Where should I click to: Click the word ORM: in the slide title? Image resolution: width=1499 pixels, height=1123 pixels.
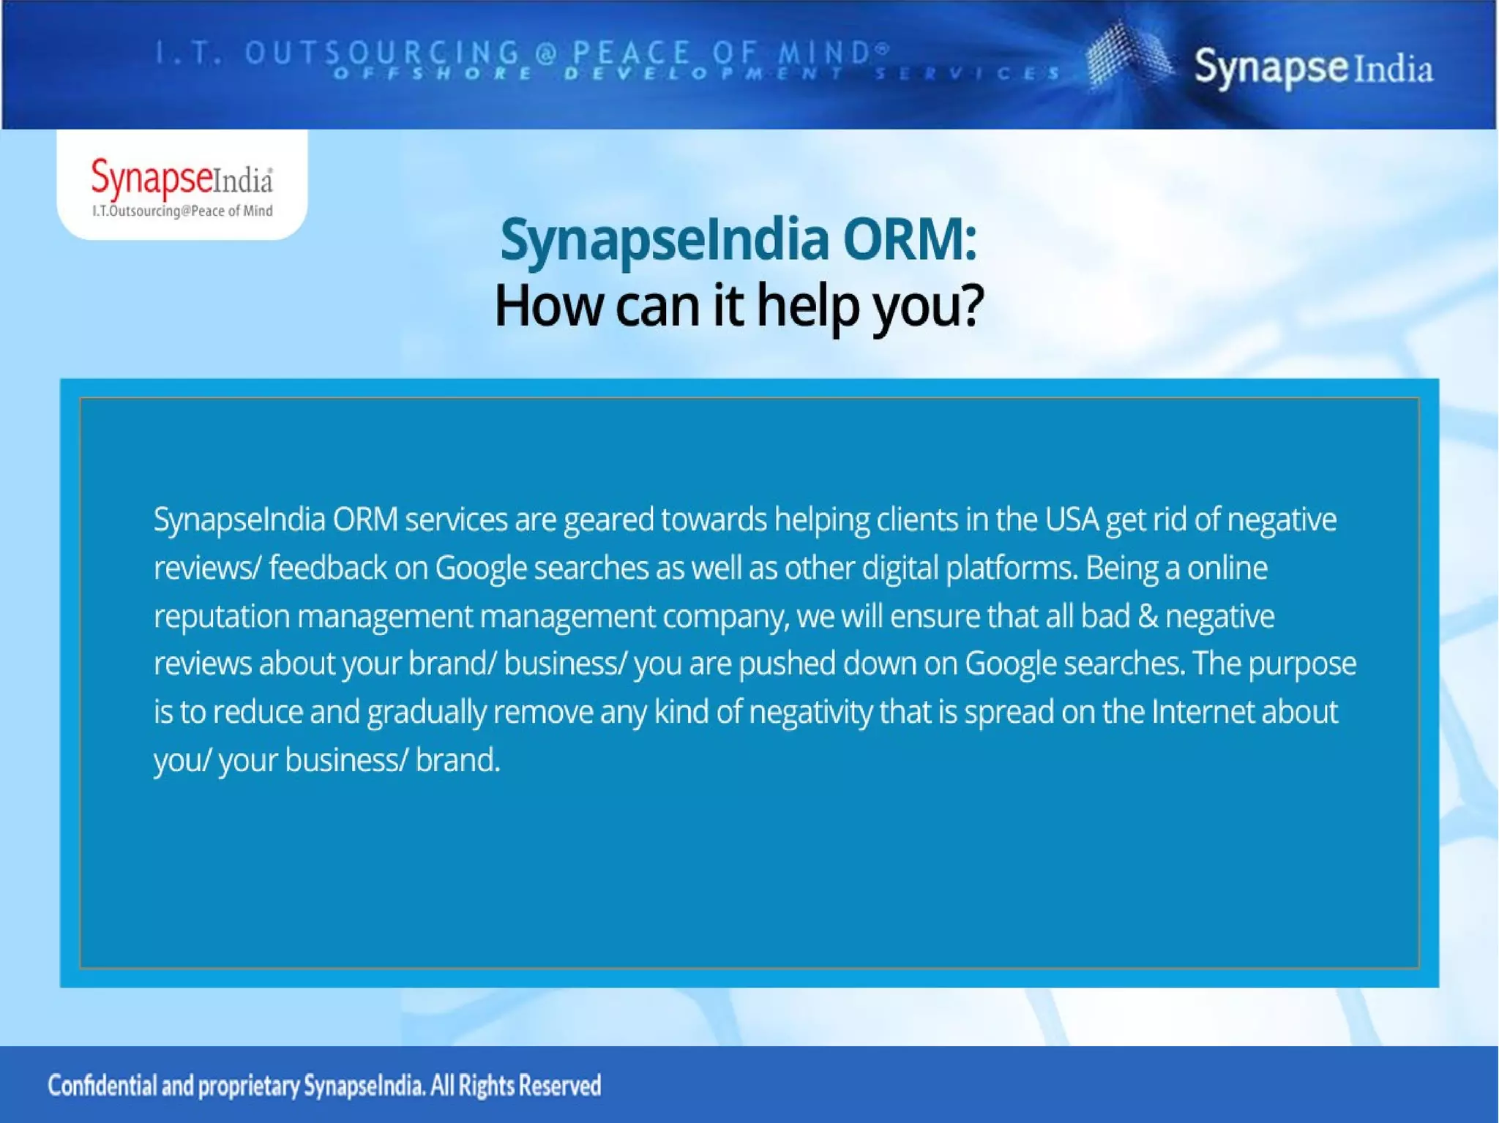(909, 240)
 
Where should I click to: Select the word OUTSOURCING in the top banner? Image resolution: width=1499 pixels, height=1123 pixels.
(382, 53)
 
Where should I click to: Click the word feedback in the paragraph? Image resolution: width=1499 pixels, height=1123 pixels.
(327, 568)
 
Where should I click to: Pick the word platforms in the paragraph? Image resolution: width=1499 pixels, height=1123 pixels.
(1011, 568)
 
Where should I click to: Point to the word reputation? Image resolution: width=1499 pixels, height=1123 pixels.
(221, 617)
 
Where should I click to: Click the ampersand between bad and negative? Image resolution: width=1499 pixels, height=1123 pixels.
(1148, 616)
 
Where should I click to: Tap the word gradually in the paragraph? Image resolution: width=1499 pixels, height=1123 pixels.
(426, 713)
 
